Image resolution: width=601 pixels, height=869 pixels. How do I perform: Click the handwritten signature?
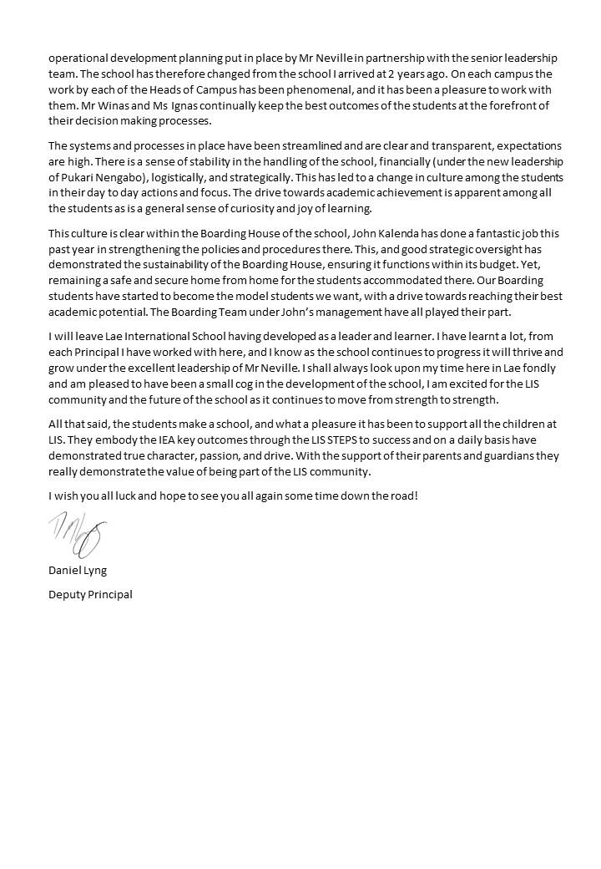[78, 536]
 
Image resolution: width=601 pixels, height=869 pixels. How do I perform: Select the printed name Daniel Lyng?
[78, 570]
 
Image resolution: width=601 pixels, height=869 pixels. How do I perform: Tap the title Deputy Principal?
[90, 594]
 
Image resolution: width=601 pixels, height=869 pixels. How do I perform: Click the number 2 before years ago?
[379, 74]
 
